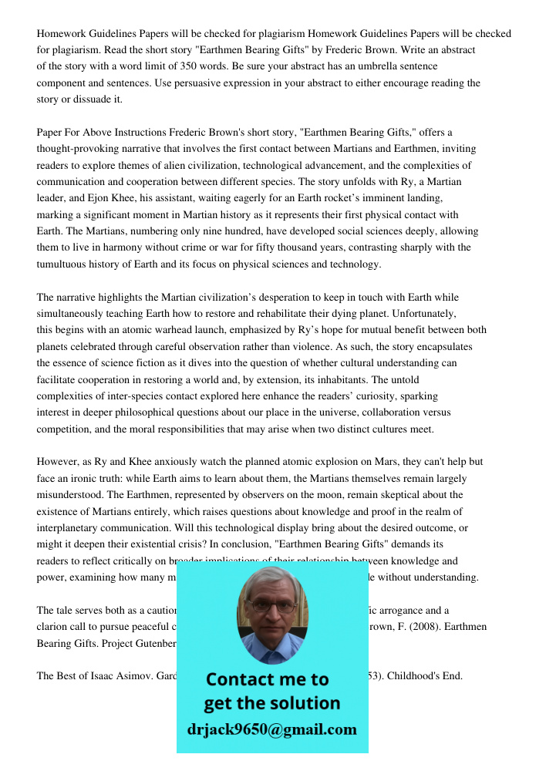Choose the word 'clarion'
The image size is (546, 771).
(x=55, y=627)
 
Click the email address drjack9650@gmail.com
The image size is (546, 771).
(x=271, y=729)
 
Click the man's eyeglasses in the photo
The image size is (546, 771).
(x=271, y=607)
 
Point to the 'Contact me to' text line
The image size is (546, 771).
(x=267, y=679)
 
